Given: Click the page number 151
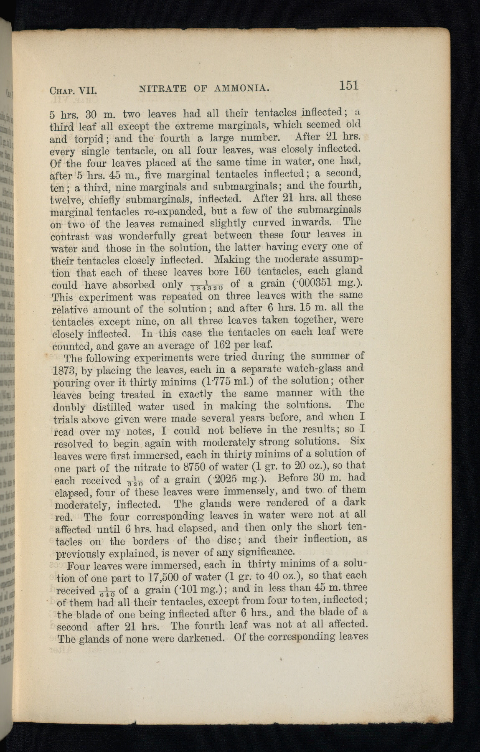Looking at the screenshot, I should [x=349, y=86].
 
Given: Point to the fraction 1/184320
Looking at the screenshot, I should [x=208, y=287].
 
